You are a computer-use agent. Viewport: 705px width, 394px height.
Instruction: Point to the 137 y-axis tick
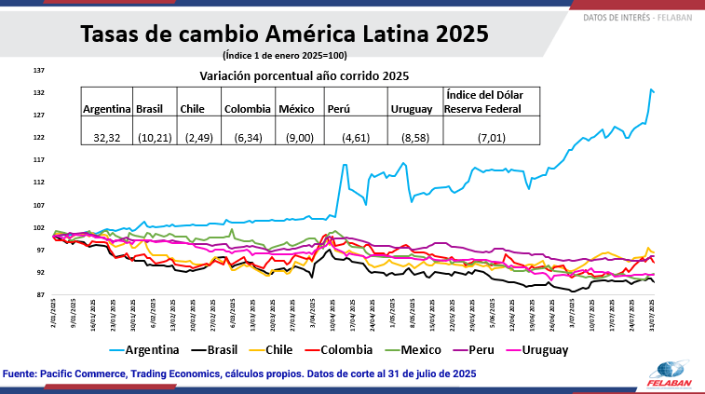click(x=39, y=71)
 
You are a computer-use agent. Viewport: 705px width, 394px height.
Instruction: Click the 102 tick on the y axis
click(x=39, y=227)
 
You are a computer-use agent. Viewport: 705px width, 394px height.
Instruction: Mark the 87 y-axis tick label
click(x=39, y=295)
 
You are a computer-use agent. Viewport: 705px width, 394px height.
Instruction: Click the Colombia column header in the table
click(x=248, y=109)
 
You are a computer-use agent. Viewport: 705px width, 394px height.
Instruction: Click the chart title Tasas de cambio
click(x=284, y=35)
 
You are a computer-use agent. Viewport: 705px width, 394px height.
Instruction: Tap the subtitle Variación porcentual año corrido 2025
click(x=305, y=75)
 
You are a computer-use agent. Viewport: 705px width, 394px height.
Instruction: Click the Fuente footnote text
click(x=240, y=373)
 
